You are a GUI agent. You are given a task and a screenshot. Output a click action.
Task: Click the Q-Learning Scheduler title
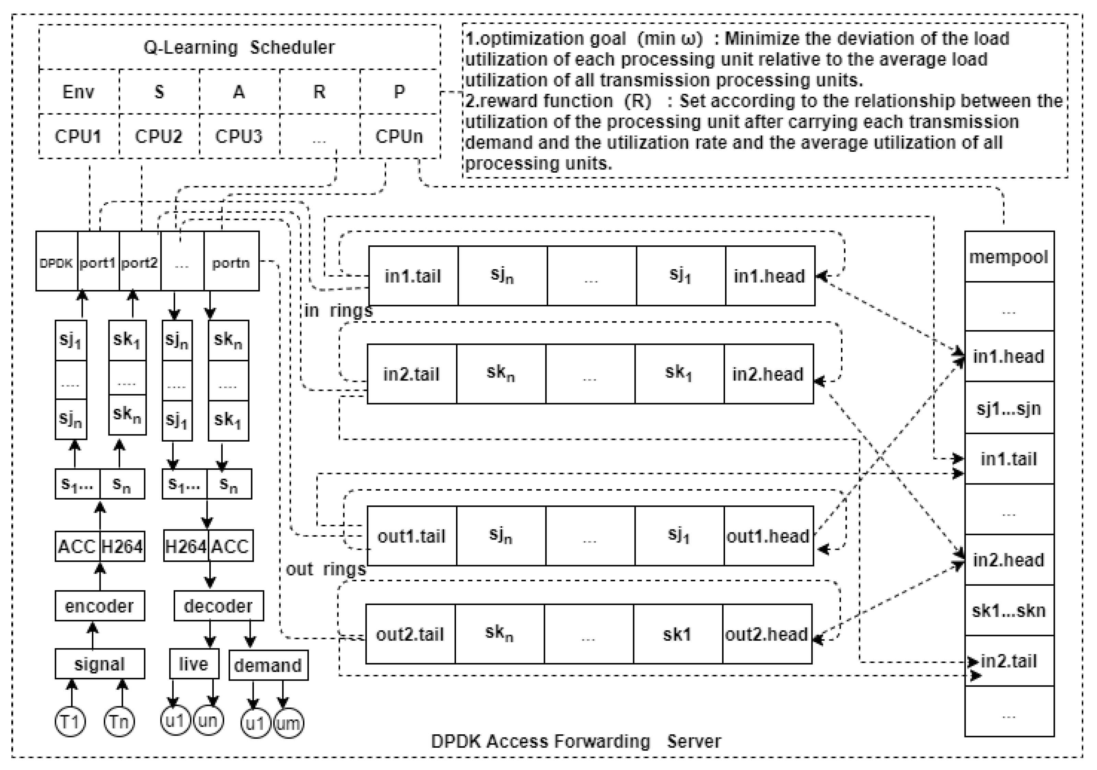pos(239,47)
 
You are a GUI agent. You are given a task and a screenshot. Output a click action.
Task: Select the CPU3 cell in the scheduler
pos(239,137)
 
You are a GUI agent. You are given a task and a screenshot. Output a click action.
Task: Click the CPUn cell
pos(399,137)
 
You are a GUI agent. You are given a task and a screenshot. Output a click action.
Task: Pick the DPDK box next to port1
pos(56,262)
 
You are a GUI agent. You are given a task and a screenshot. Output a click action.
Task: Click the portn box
pos(231,262)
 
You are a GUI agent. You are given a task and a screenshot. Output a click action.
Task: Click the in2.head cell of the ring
pos(768,374)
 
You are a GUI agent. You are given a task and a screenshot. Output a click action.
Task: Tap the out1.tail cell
pos(411,536)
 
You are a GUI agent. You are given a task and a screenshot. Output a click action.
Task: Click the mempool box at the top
pos(1008,257)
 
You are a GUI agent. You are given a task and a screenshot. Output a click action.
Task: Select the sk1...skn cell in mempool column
pos(1008,610)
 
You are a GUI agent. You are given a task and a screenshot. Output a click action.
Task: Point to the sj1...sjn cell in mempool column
pos(1008,408)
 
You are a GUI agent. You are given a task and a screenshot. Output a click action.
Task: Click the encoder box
pos(100,606)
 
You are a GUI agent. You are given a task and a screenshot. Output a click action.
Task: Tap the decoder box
pos(218,606)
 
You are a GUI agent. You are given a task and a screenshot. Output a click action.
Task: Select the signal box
pos(100,664)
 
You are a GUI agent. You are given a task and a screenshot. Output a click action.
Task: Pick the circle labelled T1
pos(71,721)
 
